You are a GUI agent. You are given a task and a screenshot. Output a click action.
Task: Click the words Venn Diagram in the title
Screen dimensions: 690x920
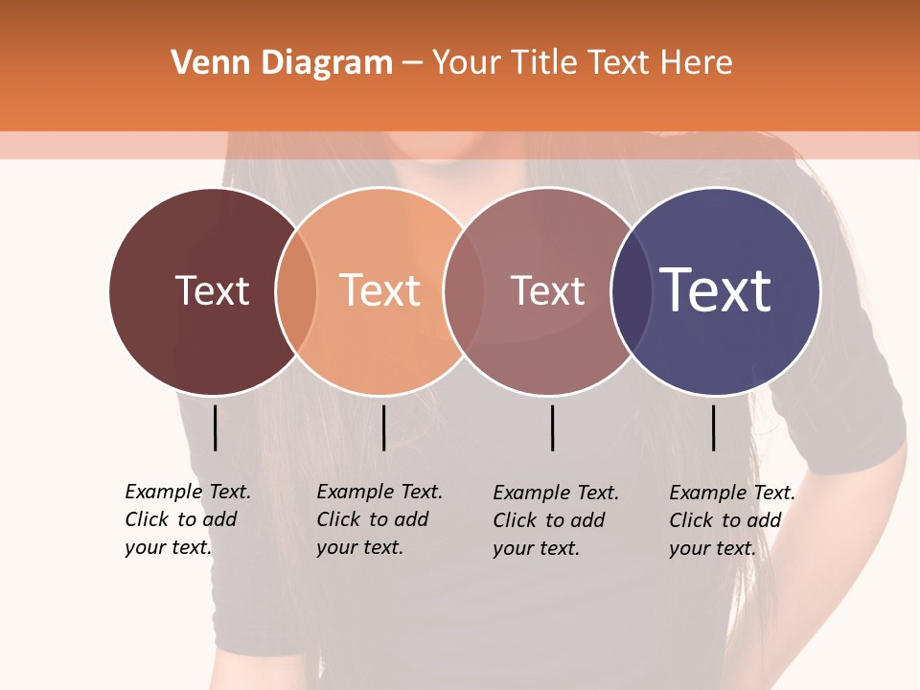tap(282, 63)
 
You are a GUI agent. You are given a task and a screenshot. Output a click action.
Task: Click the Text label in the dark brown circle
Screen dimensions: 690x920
tap(212, 290)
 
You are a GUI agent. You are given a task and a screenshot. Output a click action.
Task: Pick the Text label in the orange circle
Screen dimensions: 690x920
tap(380, 290)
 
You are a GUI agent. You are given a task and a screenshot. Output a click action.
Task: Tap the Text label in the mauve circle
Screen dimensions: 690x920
tap(547, 290)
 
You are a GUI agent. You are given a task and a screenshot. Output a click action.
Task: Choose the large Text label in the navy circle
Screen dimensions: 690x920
tap(716, 290)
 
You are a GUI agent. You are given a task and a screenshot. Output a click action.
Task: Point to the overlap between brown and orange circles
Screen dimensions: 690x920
tap(296, 291)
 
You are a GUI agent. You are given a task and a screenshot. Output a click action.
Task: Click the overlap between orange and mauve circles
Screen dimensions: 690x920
tap(463, 291)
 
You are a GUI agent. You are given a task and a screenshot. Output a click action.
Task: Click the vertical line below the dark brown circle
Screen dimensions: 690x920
tap(216, 427)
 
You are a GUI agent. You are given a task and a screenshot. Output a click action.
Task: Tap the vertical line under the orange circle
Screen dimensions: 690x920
tap(383, 427)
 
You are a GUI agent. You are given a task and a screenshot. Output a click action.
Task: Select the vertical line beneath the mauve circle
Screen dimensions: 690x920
tap(552, 427)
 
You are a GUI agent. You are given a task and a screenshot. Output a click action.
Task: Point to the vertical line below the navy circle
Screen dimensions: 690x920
tap(713, 427)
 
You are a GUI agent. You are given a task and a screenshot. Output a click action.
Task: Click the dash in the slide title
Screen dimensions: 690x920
tap(412, 63)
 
